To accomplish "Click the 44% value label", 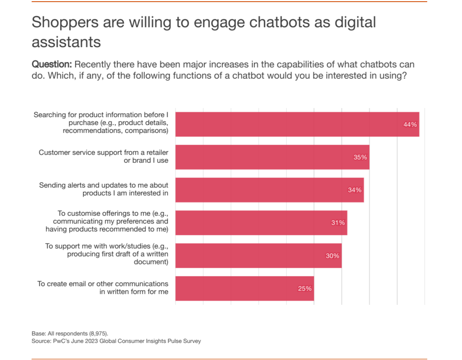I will point(410,124).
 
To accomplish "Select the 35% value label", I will point(360,157).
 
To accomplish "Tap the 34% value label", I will point(355,190).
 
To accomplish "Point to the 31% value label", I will point(338,223).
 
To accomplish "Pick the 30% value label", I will point(332,256).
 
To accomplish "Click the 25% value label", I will point(305,288).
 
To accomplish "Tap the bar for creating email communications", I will point(244,288).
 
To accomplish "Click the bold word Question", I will point(52,65).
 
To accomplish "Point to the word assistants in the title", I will point(66,42).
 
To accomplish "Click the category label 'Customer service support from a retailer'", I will point(103,152).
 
